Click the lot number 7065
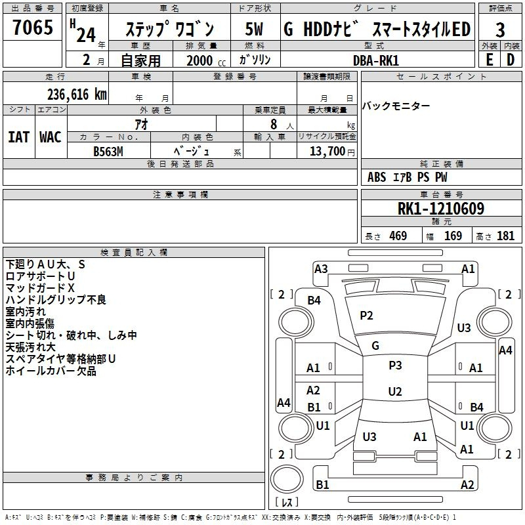tap(33, 28)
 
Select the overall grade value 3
tap(500, 30)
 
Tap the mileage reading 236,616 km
tap(77, 94)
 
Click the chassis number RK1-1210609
tap(441, 209)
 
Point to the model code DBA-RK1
tap(376, 60)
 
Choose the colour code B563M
tap(108, 152)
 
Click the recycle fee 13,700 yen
tap(332, 152)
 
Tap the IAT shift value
tap(18, 137)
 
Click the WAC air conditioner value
tap(51, 137)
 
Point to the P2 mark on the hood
tap(366, 316)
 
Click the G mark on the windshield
tap(375, 345)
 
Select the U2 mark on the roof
tap(395, 391)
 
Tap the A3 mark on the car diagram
tap(321, 269)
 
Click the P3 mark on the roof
tap(395, 366)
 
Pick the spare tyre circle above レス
tap(287, 479)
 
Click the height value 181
tap(505, 236)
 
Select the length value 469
tap(398, 236)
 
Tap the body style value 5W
tap(254, 29)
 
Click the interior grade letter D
tap(511, 60)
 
